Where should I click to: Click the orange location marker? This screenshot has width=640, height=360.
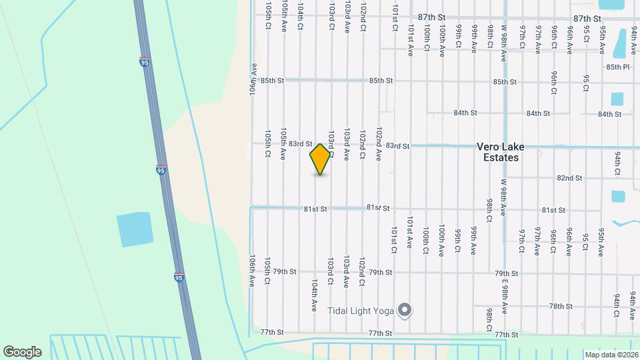tap(320, 159)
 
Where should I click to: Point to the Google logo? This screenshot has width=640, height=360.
tap(22, 351)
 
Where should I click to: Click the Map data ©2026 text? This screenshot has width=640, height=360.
tap(611, 355)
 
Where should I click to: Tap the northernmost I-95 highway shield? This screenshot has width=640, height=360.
tap(145, 62)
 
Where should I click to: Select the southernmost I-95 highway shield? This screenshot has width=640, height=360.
tap(179, 276)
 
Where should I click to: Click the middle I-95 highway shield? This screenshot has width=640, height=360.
tap(161, 170)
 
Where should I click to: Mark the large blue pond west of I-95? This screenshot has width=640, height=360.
tap(134, 230)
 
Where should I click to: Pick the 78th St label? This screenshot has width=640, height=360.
tap(561, 306)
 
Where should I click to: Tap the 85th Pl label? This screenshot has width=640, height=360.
tap(617, 67)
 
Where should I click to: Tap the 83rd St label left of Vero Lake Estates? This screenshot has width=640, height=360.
tap(397, 146)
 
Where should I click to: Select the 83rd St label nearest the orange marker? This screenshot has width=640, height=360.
tap(301, 143)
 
